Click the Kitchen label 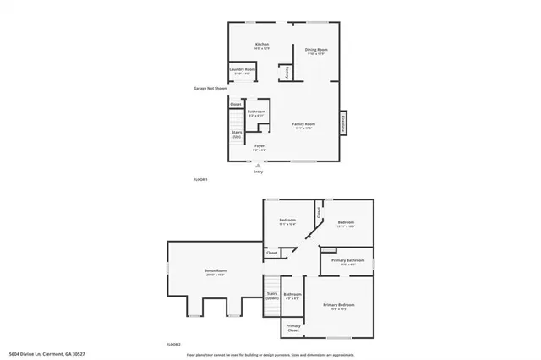pyautogui.click(x=262, y=45)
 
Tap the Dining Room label pyautogui.click(x=316, y=50)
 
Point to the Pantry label pyautogui.click(x=287, y=73)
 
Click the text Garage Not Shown pyautogui.click(x=210, y=87)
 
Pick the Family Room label pyautogui.click(x=303, y=123)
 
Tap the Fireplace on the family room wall pyautogui.click(x=343, y=123)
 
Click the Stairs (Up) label pyautogui.click(x=238, y=134)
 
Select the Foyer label pyautogui.click(x=260, y=145)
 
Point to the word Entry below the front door pyautogui.click(x=259, y=172)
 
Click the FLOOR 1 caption pyautogui.click(x=200, y=180)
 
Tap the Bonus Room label pyautogui.click(x=216, y=270)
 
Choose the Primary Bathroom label pyautogui.click(x=347, y=260)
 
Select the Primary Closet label pyautogui.click(x=293, y=327)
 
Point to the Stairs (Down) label pyautogui.click(x=272, y=296)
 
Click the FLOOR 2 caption pyautogui.click(x=174, y=345)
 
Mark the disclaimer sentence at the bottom pyautogui.click(x=270, y=353)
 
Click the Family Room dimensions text pyautogui.click(x=303, y=128)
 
